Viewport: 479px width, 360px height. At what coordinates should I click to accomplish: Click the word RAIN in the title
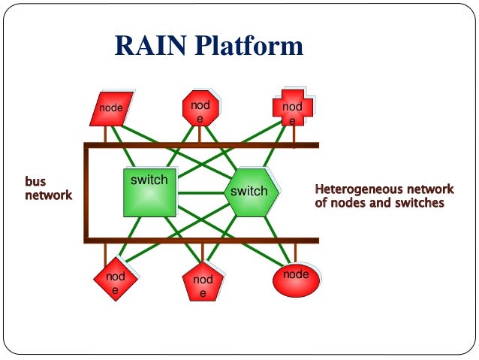(x=146, y=47)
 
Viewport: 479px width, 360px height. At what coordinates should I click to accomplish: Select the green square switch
(x=150, y=194)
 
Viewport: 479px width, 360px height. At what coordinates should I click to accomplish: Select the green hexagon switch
(x=250, y=192)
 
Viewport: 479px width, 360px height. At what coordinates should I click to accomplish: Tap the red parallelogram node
(x=110, y=108)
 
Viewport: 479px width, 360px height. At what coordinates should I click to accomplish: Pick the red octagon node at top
(x=200, y=110)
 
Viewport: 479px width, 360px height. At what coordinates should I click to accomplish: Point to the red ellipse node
(x=295, y=277)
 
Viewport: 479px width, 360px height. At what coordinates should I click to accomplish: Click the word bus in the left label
(x=35, y=183)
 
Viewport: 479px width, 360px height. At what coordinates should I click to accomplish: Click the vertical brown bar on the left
(x=87, y=192)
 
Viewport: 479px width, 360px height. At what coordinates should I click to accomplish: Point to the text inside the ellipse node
(x=295, y=274)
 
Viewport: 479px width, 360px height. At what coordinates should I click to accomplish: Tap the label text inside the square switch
(x=149, y=180)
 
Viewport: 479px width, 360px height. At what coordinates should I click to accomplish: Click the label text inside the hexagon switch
(x=249, y=192)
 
